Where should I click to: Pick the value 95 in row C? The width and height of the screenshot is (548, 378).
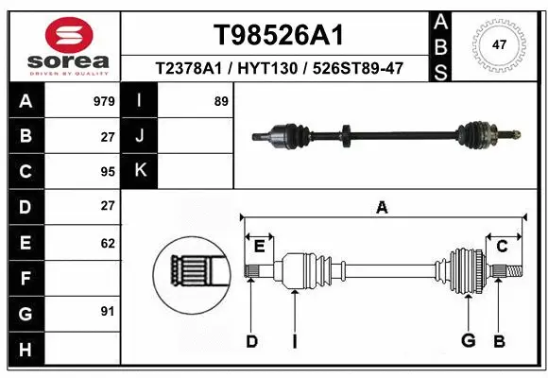(108, 171)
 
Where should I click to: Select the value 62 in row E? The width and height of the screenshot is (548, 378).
(108, 243)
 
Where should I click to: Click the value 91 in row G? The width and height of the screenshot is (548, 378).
(108, 311)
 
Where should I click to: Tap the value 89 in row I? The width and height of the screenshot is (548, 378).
(221, 100)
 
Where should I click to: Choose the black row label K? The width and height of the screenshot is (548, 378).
(141, 171)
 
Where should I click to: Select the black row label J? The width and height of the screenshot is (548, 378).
(141, 136)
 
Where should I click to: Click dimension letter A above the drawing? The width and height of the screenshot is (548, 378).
(382, 208)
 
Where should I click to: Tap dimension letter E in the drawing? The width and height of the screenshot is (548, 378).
(259, 247)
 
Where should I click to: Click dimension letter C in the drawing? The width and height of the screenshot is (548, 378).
(502, 247)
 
